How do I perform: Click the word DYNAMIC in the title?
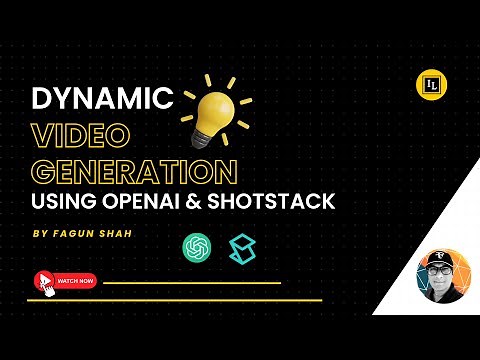103,100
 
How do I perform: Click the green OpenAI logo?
195,246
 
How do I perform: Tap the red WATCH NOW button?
75,281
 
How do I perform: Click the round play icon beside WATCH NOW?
44,281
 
